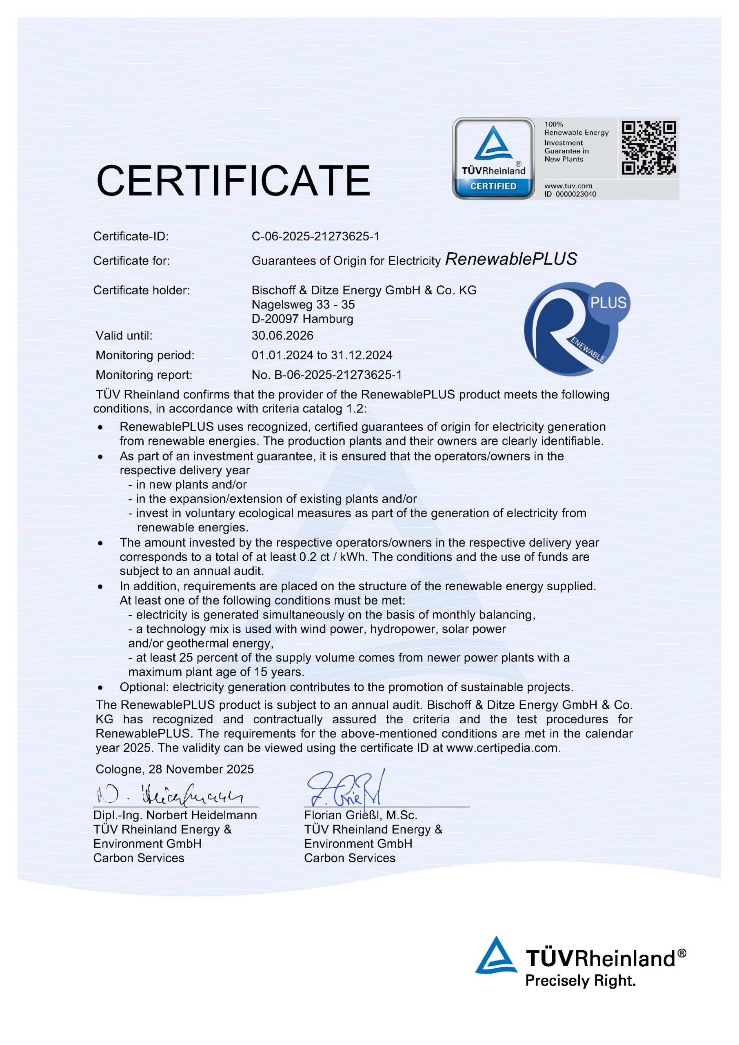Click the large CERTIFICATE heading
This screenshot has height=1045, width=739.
coord(233,181)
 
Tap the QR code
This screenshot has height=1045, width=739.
coord(648,147)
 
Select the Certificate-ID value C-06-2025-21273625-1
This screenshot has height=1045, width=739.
coord(315,236)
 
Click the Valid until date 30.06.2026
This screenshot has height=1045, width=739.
coord(283,336)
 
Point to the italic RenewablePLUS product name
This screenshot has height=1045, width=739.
coord(511,259)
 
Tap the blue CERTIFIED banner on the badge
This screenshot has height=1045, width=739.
coord(493,186)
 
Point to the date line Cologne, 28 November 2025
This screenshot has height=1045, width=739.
coord(175,769)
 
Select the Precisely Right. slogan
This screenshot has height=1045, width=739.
coord(580,980)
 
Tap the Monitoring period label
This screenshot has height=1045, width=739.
coord(145,355)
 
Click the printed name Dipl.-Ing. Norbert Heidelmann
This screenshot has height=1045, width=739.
coord(175,815)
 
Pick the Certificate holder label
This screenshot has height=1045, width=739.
coord(142,290)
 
